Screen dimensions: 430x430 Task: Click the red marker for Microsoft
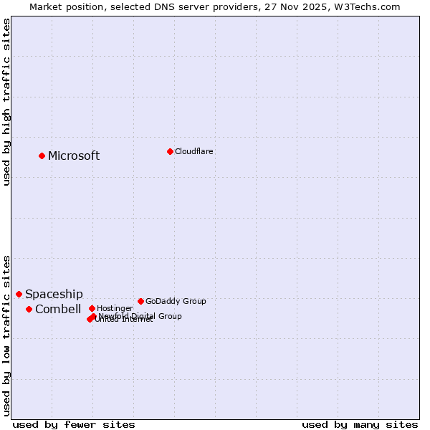point(42,156)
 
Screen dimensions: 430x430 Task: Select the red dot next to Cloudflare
point(170,151)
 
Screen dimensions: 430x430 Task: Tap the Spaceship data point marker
point(19,294)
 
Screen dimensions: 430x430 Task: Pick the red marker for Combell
point(29,309)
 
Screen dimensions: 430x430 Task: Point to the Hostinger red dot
point(92,308)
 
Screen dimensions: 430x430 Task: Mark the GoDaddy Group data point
point(140,301)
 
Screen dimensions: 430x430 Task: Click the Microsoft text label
point(74,156)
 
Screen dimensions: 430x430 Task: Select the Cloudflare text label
point(194,152)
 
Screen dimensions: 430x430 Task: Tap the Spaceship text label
point(54,295)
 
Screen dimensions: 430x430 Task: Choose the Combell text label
point(58,310)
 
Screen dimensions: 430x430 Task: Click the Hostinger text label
point(115,308)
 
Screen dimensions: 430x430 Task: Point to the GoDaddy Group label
point(176,302)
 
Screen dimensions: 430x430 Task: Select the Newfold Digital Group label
point(140,316)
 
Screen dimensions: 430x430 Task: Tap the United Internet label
point(123,320)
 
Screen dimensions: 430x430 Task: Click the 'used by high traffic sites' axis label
point(6,102)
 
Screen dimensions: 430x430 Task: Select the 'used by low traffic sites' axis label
point(6,335)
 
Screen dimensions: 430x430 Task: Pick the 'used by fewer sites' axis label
point(74,424)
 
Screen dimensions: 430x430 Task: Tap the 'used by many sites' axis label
point(360,424)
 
